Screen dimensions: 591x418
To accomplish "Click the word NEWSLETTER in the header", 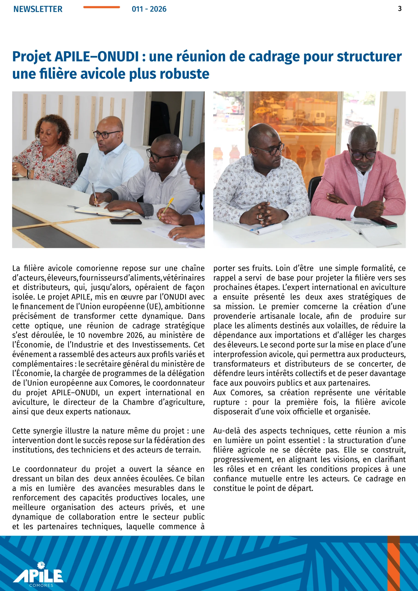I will click(x=38, y=9).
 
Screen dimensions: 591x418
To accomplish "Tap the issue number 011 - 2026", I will click(x=149, y=9).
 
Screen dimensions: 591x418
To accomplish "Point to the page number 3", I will click(x=400, y=9).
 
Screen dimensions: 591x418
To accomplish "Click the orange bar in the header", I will click(x=101, y=7).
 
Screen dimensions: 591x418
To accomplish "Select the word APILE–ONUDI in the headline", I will click(x=97, y=57).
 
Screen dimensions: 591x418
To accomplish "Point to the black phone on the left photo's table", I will click(x=125, y=221).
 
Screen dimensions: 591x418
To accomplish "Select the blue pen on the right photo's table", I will click(x=263, y=227).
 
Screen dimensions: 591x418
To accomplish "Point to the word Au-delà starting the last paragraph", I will click(x=226, y=431).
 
